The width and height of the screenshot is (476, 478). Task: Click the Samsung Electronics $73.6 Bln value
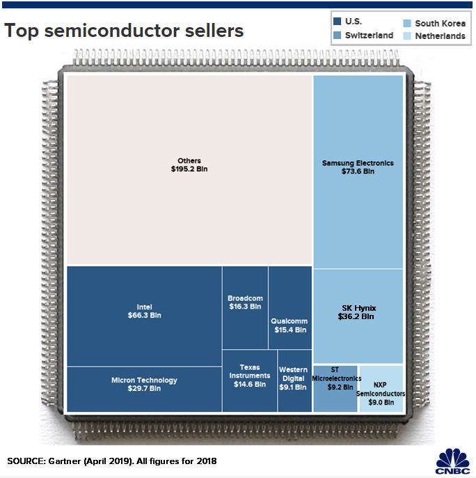(358, 171)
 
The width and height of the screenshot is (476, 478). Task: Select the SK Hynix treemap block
(358, 317)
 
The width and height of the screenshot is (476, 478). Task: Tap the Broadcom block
(245, 307)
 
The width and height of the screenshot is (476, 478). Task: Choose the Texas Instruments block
(249, 380)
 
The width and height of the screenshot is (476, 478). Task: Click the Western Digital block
(294, 380)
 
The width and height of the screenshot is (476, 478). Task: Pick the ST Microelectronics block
(335, 387)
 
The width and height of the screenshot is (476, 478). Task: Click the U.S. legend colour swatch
(338, 22)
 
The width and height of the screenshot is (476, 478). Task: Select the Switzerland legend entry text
(369, 35)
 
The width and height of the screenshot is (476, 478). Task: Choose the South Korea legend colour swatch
(407, 23)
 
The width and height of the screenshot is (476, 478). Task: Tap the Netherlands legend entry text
(440, 35)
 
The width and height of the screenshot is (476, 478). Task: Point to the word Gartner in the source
(65, 461)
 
